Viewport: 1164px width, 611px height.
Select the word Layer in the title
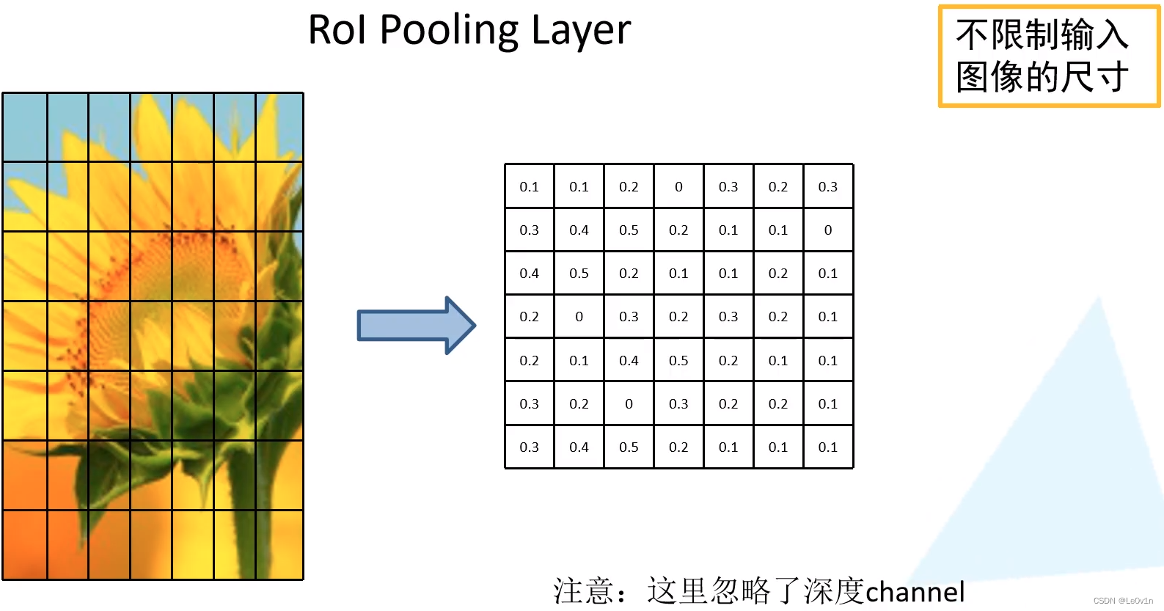pos(581,31)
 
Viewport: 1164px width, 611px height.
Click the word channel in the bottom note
pos(915,592)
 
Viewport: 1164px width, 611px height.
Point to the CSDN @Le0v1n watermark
pos(1123,600)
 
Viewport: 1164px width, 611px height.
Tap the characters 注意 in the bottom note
pos(582,591)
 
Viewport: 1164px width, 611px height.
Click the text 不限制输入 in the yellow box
pos(1042,35)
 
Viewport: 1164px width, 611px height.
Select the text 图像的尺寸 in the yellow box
pos(1042,77)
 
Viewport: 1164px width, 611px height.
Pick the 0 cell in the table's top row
pos(678,187)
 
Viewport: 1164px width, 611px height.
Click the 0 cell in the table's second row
pos(828,230)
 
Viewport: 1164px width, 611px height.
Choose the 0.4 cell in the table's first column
pos(529,274)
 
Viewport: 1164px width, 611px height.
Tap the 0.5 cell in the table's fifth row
pos(678,360)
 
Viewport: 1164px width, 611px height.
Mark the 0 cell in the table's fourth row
pos(579,317)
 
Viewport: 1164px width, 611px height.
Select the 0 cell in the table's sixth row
pos(629,403)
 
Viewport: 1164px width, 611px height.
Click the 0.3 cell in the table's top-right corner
pos(828,187)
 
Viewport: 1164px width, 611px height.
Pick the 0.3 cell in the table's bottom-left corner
pos(529,447)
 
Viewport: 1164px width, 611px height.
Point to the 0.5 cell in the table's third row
pos(579,274)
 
